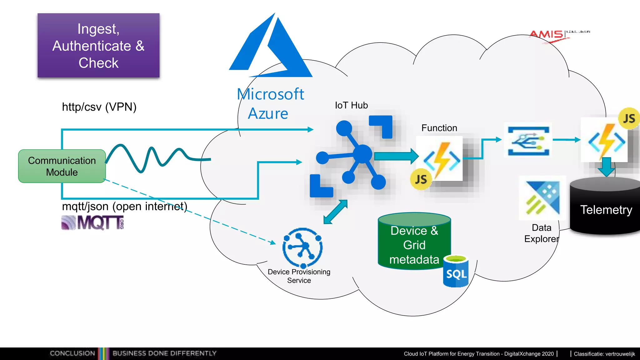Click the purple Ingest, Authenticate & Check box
(x=98, y=46)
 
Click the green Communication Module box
(x=62, y=166)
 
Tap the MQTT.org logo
(x=93, y=222)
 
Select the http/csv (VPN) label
(x=99, y=107)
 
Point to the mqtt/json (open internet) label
(x=124, y=207)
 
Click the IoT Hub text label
(x=351, y=105)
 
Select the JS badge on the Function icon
(x=421, y=179)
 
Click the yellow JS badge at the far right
(x=629, y=118)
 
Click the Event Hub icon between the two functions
(x=528, y=141)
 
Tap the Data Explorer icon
(x=542, y=198)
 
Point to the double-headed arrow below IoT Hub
(x=335, y=212)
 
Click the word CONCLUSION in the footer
(x=72, y=353)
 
